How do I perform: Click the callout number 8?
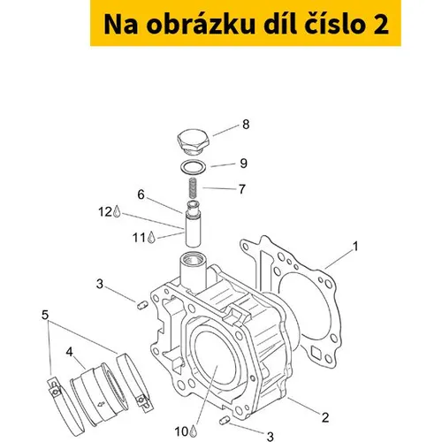[x=246, y=125]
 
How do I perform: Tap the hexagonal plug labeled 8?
[x=193, y=142]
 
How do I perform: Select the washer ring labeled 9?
[x=193, y=167]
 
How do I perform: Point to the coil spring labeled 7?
[x=192, y=188]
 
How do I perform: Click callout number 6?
[x=141, y=194]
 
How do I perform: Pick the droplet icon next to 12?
[x=117, y=211]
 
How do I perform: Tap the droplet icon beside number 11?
[x=151, y=237]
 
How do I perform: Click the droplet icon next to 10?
[x=193, y=431]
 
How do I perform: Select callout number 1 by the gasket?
[x=355, y=247]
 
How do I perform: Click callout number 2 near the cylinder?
[x=325, y=417]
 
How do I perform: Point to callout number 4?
[x=69, y=352]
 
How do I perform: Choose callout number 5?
[x=45, y=315]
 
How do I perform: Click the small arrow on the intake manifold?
[x=101, y=404]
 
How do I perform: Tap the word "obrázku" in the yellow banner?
[x=201, y=25]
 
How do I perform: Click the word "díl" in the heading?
[x=281, y=24]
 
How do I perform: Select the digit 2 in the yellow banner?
[x=381, y=24]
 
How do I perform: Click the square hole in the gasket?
[x=316, y=352]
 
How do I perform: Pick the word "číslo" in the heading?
[x=335, y=24]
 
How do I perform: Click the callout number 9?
[x=243, y=164]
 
